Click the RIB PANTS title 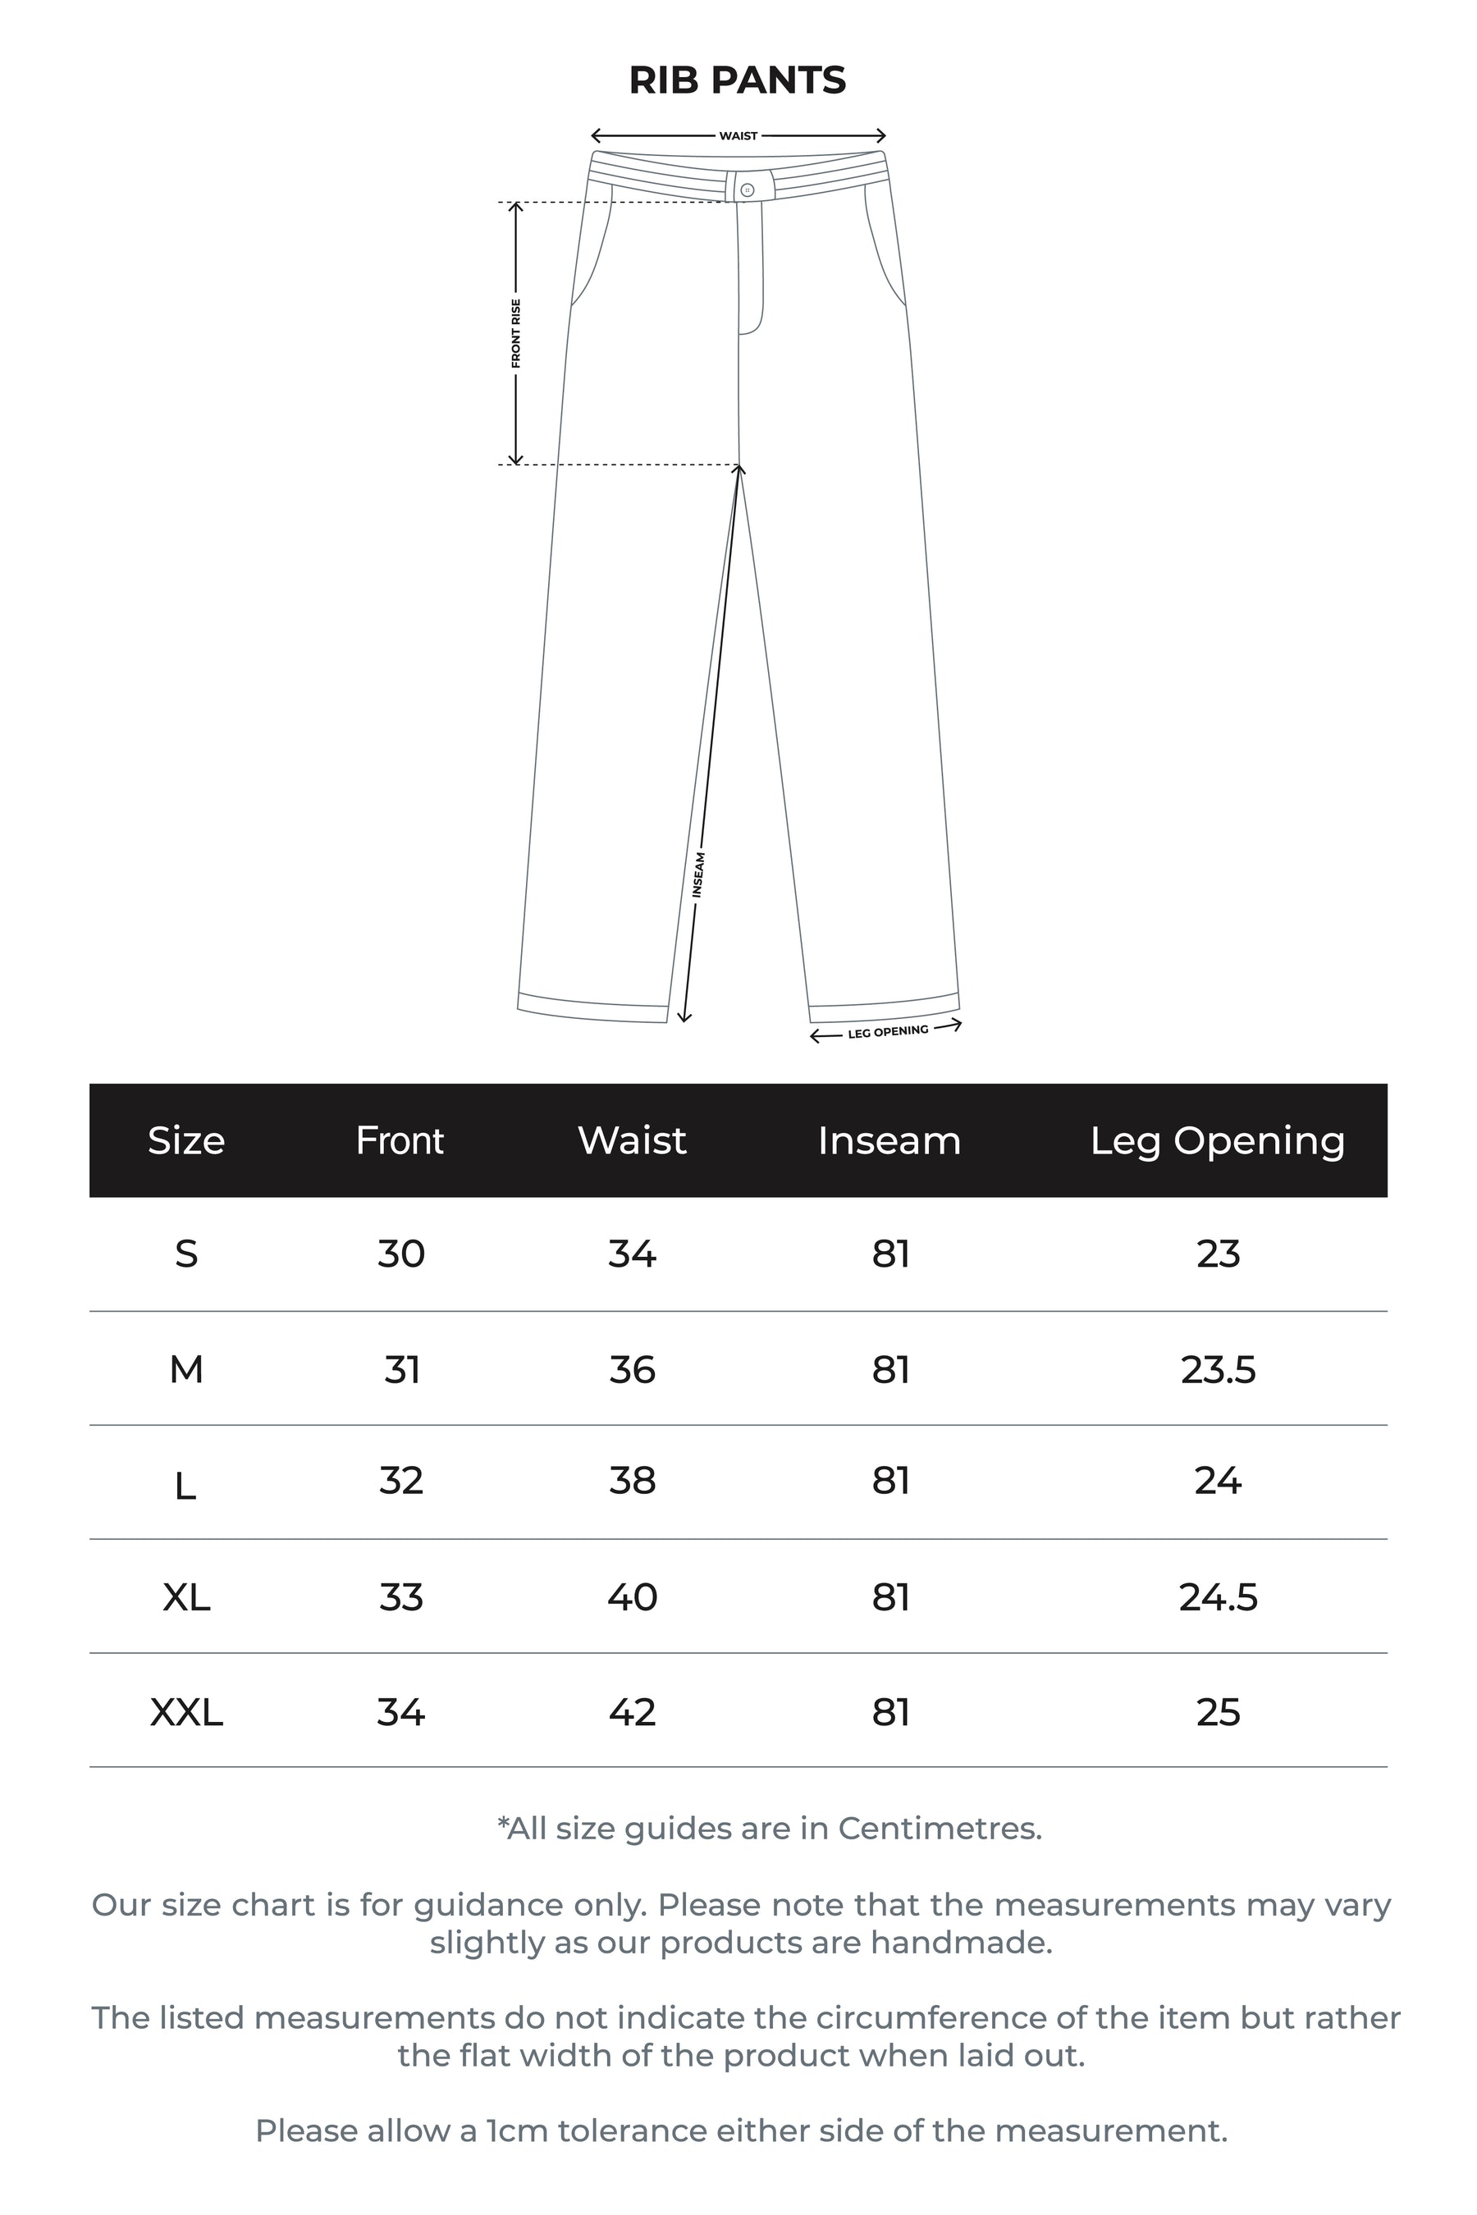738,81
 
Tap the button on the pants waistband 747,190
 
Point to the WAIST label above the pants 738,136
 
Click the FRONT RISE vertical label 516,333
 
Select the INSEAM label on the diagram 699,874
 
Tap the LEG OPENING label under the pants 887,1032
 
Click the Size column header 186,1140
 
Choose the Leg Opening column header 1217,1140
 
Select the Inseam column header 889,1140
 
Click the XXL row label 186,1712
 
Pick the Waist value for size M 632,1369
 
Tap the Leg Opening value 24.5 1218,1597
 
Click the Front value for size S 401,1254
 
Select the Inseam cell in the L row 890,1482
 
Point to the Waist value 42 632,1712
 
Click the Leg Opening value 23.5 1218,1369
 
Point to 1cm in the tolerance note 516,2131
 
